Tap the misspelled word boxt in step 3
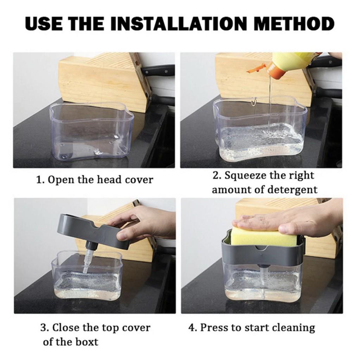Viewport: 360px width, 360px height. (86, 341)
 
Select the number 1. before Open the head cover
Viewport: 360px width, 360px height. (40, 180)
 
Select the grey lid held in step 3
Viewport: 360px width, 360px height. (88, 229)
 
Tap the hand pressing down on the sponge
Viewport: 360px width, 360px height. (288, 220)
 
